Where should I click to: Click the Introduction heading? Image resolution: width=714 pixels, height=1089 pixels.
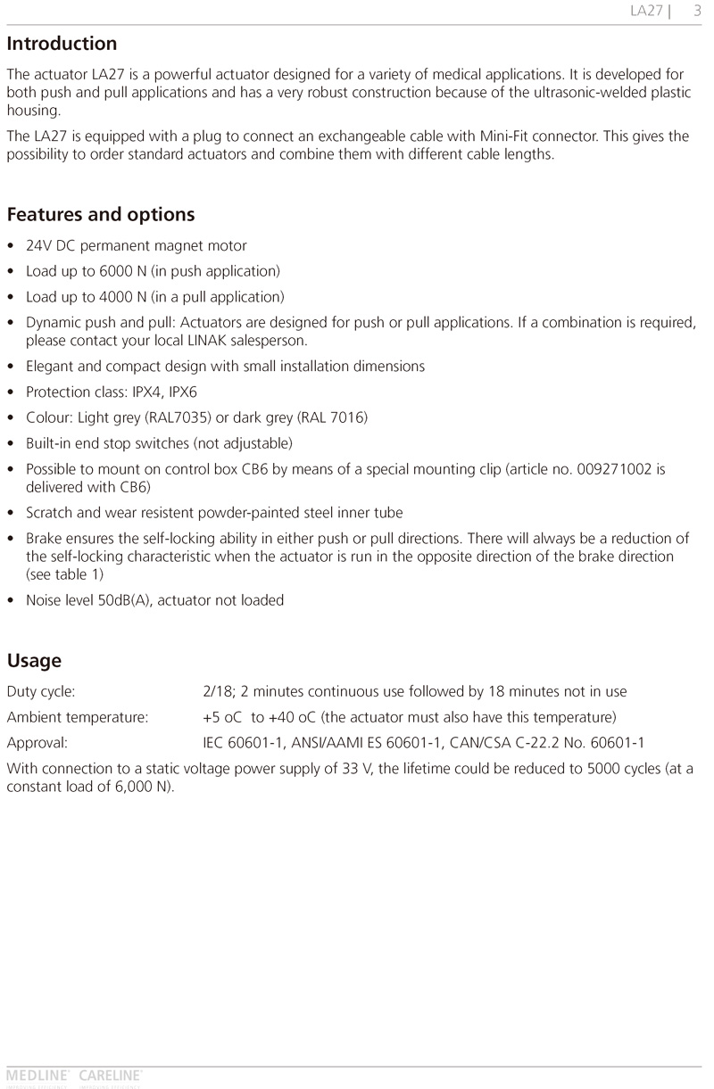coord(62,44)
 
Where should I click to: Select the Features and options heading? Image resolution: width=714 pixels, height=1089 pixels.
coord(101,215)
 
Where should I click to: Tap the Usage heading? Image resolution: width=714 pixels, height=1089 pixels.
coord(34,661)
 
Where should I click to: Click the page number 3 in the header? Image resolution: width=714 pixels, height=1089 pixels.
coord(697,11)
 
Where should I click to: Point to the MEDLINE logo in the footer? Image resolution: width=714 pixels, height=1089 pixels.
coord(38,1076)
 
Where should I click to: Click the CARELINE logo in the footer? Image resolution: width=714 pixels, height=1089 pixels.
coord(111,1076)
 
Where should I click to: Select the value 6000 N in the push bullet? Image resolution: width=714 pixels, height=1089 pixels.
coord(117,271)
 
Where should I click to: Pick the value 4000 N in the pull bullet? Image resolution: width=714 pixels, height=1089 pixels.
coord(117,297)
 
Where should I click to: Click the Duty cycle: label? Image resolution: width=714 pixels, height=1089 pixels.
coord(41,691)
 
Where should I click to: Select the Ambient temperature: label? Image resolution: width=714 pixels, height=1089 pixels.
coord(78,717)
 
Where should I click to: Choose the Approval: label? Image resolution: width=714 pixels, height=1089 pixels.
coord(37,743)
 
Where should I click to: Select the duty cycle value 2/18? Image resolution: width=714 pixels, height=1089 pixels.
coord(217,691)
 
